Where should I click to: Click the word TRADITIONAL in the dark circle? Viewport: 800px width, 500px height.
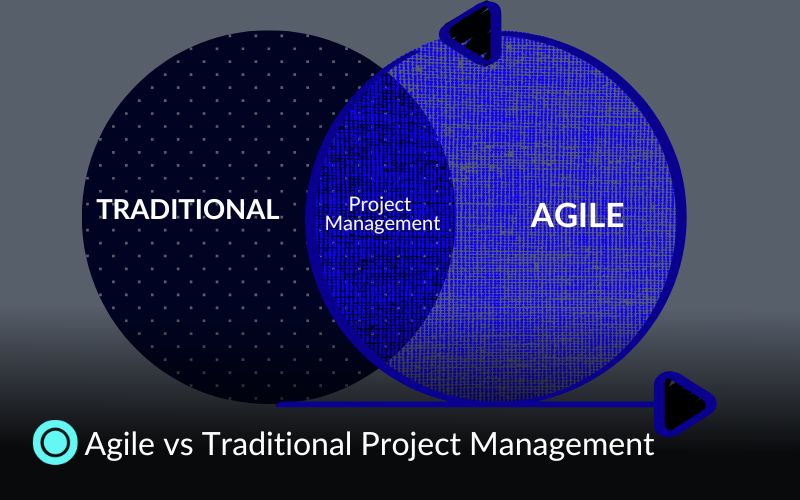point(187,210)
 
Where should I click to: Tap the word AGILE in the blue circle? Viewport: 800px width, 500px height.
point(577,215)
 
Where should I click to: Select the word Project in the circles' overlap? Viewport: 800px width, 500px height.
point(380,204)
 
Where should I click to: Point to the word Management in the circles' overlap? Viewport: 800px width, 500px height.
point(383,224)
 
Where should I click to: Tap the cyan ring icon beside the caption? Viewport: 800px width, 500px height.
point(55,443)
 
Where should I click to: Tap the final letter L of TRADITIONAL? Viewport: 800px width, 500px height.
point(271,210)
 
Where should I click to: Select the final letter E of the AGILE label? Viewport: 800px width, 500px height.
point(613,215)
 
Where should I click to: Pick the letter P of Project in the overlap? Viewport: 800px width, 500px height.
point(353,204)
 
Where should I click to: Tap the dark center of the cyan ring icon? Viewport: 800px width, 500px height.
point(55,443)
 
